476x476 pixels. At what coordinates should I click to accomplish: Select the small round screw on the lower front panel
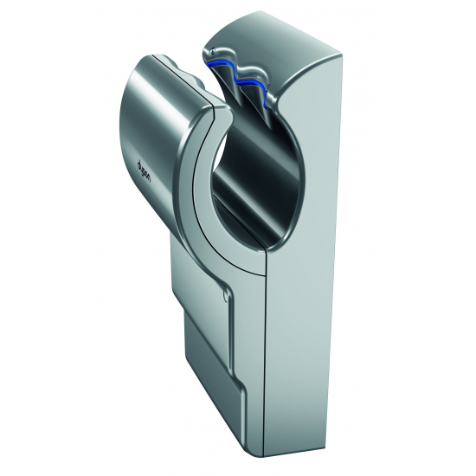click(x=227, y=296)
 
